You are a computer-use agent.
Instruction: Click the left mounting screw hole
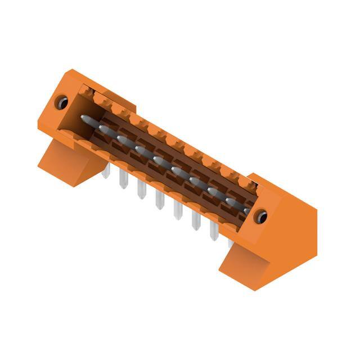(61, 103)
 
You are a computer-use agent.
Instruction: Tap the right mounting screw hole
(260, 216)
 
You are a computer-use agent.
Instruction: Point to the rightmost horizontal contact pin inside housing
(246, 211)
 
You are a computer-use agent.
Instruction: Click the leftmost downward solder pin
(106, 171)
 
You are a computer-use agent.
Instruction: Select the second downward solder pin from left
(123, 181)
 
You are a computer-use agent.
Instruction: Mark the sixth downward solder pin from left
(196, 222)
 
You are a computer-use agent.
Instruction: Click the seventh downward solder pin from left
(214, 232)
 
